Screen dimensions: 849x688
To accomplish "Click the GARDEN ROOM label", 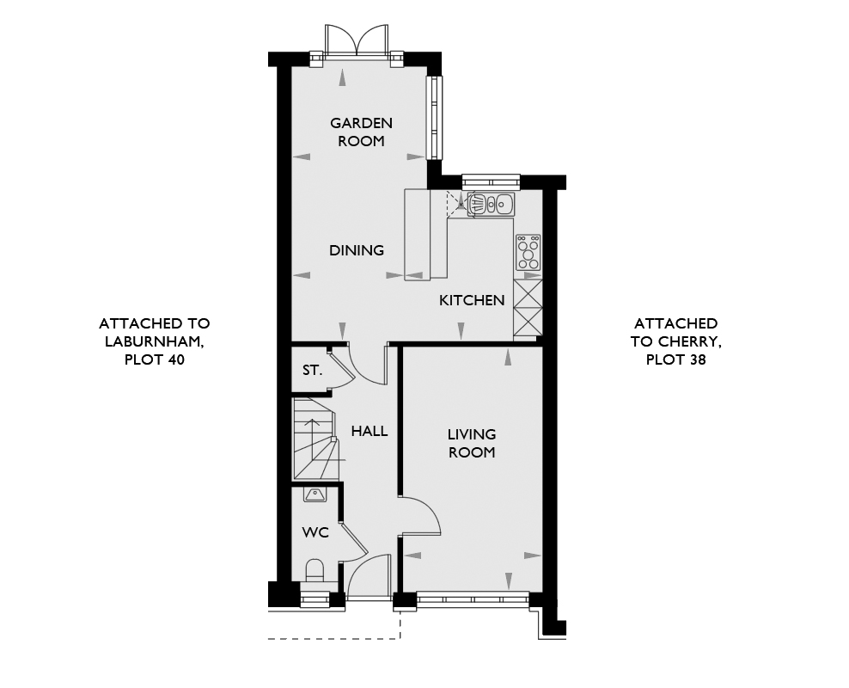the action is [x=361, y=132].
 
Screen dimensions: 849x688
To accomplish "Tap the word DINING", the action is [x=357, y=250].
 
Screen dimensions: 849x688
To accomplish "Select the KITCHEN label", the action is [x=472, y=300].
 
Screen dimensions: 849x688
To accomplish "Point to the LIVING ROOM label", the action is [x=472, y=443].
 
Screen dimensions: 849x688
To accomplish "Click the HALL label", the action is [x=370, y=431].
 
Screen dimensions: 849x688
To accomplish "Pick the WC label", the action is [x=315, y=532].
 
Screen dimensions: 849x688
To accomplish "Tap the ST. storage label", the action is [x=313, y=371].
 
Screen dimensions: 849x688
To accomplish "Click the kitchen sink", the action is [x=491, y=204].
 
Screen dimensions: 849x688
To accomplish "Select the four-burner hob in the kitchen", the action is [x=528, y=252].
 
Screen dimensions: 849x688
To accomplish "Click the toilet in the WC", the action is [x=315, y=571].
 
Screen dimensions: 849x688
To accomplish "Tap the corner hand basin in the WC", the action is [x=315, y=494].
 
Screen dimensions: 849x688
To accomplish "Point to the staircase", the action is [x=315, y=439].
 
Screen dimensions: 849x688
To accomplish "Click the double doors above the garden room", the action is [x=357, y=40].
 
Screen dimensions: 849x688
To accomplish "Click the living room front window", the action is [x=472, y=599].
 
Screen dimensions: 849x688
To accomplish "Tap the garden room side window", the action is [x=434, y=118].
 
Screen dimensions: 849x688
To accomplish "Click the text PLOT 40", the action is [x=155, y=359].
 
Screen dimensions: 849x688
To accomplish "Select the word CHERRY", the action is [x=689, y=341].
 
